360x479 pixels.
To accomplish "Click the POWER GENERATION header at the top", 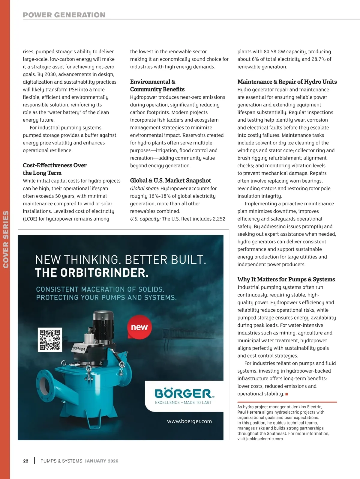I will coord(64,15).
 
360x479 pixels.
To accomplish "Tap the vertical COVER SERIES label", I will coord(5,239).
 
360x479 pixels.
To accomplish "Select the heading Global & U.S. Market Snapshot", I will coord(170,180).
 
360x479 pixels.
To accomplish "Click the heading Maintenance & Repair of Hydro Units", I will coord(287,82).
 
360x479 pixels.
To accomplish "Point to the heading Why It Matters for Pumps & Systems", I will coord(286,279).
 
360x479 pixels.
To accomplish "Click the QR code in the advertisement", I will coord(50,340).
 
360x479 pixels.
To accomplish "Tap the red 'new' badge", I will coord(139,327).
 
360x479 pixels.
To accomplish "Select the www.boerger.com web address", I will coord(189,421).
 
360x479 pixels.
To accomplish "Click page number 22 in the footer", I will coord(26,461).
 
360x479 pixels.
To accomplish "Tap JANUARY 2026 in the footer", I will coord(101,461).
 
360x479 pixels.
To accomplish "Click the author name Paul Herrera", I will coord(249,412).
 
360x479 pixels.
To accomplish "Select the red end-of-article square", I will coord(286,394).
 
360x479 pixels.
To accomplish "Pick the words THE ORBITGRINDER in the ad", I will coord(91,273).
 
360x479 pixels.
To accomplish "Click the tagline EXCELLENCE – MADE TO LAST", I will coord(183,403).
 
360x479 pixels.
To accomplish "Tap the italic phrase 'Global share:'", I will coord(144,189).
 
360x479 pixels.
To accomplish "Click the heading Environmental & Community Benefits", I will coord(157,85).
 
